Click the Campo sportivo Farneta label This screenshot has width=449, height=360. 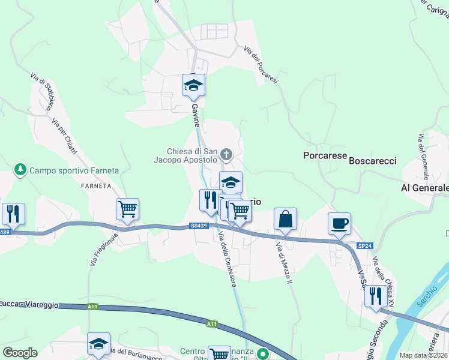coord(74,170)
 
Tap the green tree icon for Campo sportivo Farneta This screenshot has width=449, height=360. coord(20,170)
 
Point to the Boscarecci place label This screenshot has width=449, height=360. coord(373,161)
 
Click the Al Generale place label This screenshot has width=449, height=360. coord(424,188)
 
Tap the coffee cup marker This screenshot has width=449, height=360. coord(339,224)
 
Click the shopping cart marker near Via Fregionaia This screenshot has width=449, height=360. coord(127,209)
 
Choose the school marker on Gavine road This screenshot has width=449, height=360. coord(193,86)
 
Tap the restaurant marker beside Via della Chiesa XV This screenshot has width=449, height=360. coord(376,296)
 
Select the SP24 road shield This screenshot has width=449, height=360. coord(365,246)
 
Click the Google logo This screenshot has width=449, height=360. coord(20,353)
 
